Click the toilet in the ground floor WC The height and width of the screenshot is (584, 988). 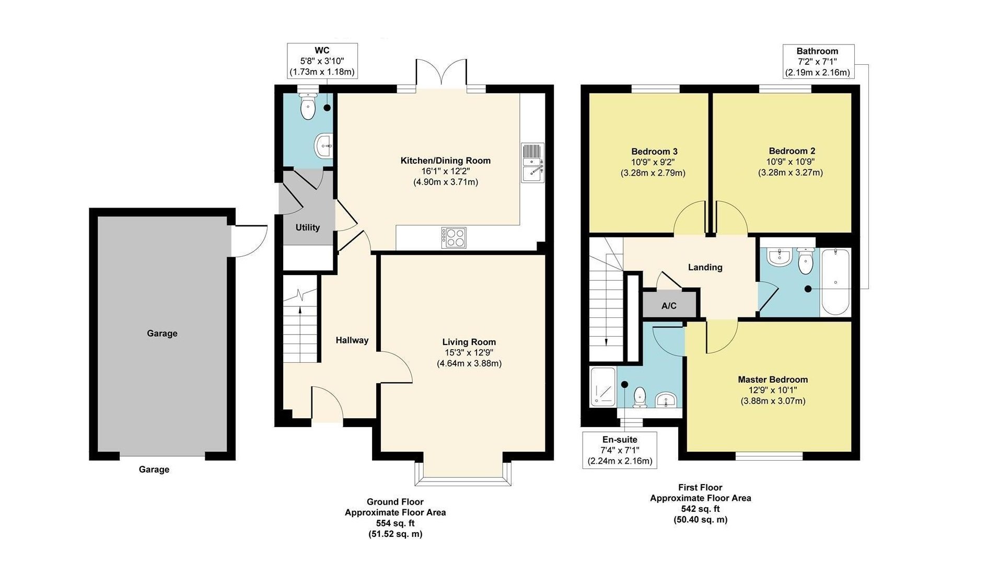[308, 107]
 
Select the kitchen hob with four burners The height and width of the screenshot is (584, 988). [453, 237]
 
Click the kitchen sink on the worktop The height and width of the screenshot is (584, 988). [532, 163]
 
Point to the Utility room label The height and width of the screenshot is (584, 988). [307, 227]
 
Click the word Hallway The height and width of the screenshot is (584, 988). [352, 340]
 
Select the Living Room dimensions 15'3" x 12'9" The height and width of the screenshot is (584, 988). [469, 353]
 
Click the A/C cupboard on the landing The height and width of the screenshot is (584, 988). [669, 305]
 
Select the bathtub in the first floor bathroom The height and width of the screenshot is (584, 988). [835, 282]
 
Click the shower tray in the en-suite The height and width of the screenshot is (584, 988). [603, 387]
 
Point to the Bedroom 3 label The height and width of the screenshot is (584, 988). [654, 151]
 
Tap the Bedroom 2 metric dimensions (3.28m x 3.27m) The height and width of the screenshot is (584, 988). [790, 173]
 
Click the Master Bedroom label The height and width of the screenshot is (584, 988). [772, 380]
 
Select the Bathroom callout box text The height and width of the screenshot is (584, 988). [817, 62]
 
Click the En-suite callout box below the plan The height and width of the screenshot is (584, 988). [620, 450]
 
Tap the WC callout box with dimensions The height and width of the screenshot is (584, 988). [322, 61]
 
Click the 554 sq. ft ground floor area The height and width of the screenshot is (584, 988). [395, 523]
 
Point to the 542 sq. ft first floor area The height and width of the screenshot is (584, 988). [700, 509]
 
